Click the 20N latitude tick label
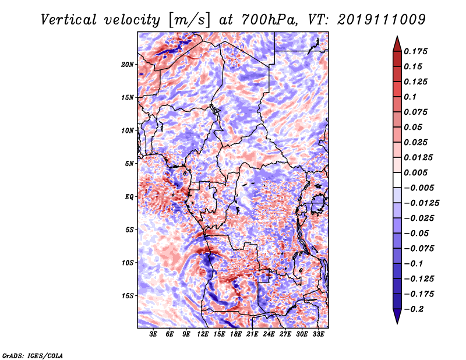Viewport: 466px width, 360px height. coord(128,65)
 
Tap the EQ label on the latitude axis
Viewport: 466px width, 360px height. coord(129,197)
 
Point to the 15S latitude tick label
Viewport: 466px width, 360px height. coord(128,296)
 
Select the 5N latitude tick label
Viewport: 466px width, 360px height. coord(129,164)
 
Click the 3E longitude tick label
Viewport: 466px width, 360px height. coord(153,334)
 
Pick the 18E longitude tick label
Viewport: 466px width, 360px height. coord(235,334)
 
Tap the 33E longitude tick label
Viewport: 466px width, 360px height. coord(318,334)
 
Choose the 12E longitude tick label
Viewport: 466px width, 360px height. coord(202,334)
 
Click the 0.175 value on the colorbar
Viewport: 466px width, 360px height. coord(415,51)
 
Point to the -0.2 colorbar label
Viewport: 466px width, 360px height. coord(414,309)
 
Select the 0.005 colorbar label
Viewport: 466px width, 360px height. coord(415,172)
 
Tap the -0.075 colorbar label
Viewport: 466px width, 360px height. coord(419,248)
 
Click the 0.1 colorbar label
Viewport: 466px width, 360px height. coord(410,97)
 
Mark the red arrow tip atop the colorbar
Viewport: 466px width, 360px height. coord(397,36)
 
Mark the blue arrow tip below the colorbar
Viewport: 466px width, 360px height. coord(397,323)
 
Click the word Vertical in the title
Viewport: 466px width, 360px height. coord(69,20)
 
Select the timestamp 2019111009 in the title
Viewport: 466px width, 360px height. coord(382,20)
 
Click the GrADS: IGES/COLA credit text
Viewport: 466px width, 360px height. coord(33,355)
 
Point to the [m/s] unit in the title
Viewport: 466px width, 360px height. coord(189,20)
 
